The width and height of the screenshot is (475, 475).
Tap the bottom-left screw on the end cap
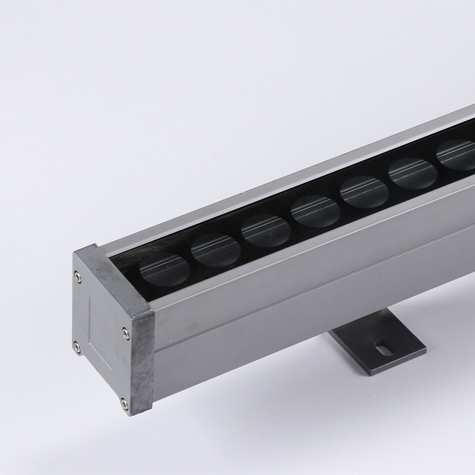pyautogui.click(x=77, y=344)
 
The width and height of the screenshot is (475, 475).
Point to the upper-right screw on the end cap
pyautogui.click(x=123, y=332)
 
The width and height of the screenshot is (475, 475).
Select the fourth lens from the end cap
pyautogui.click(x=315, y=211)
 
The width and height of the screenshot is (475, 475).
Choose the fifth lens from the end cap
pyautogui.click(x=364, y=192)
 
